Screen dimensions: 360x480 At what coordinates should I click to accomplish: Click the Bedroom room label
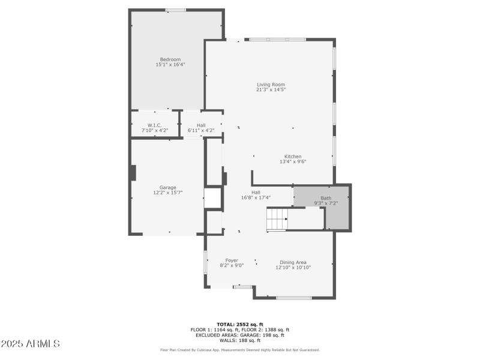click(x=170, y=59)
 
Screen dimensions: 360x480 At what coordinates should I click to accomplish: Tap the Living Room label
click(x=271, y=85)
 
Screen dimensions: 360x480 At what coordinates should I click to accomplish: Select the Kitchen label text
click(x=293, y=157)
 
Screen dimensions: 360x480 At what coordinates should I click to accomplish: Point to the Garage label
click(x=167, y=188)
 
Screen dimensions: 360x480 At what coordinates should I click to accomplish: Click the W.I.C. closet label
click(x=155, y=125)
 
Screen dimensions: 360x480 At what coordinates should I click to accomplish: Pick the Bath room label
click(x=326, y=198)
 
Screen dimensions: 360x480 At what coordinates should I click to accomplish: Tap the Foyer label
click(x=232, y=260)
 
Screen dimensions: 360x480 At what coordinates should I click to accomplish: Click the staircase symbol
click(x=277, y=219)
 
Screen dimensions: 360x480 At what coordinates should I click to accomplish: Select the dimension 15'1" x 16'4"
click(x=170, y=65)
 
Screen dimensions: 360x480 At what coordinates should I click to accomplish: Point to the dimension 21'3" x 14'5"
click(x=271, y=90)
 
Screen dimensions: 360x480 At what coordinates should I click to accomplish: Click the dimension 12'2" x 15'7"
click(x=167, y=193)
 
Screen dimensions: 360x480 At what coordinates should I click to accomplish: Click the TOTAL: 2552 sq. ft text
click(x=240, y=325)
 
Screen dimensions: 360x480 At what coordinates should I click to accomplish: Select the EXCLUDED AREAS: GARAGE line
click(x=240, y=335)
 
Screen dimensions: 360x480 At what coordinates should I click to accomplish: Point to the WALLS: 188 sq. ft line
click(x=240, y=340)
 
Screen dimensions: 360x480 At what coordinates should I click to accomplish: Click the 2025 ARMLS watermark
click(x=30, y=344)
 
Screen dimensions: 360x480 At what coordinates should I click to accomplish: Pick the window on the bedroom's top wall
click(x=175, y=10)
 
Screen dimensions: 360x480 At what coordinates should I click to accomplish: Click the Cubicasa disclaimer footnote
click(x=240, y=350)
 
